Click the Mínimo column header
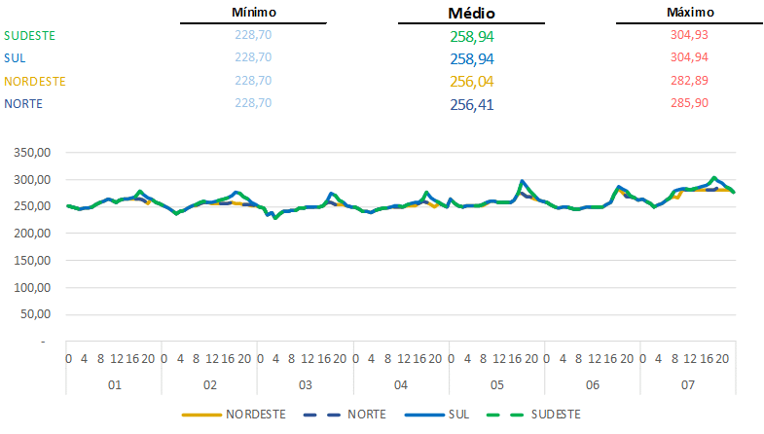tap(254, 13)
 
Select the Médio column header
tap(471, 14)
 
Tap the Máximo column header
tap(690, 13)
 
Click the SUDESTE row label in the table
tap(30, 36)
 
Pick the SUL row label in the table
tap(16, 58)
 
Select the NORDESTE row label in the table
tap(35, 81)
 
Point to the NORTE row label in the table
tap(23, 103)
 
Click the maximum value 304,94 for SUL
tap(690, 57)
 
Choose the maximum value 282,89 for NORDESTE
tap(690, 80)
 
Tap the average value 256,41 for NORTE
tap(471, 104)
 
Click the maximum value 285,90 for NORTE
tap(690, 102)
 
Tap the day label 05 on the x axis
tap(496, 385)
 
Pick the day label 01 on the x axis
tap(113, 385)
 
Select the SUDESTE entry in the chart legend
tap(552, 415)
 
